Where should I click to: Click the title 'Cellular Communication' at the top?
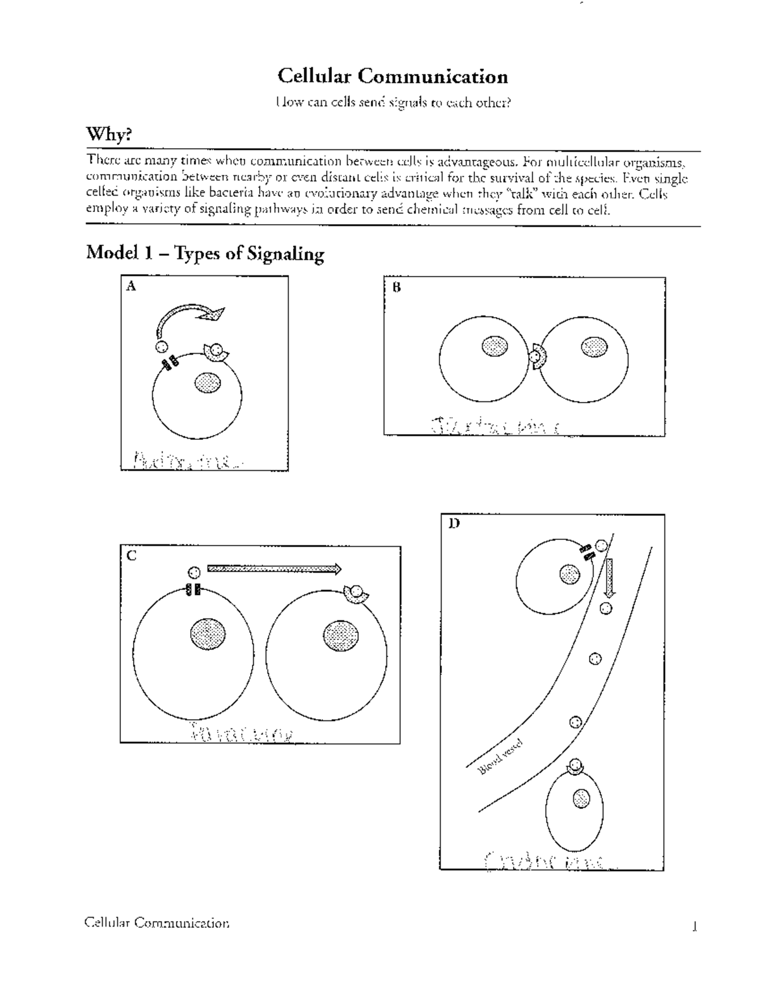click(x=392, y=77)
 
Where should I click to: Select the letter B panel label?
click(x=396, y=287)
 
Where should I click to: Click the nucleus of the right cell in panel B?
click(x=593, y=346)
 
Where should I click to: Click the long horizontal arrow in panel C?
click(x=274, y=568)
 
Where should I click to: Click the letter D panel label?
click(x=453, y=523)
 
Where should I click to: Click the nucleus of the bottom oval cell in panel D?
click(x=581, y=799)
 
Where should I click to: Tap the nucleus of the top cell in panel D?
click(x=569, y=574)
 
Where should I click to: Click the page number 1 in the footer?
click(x=694, y=928)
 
